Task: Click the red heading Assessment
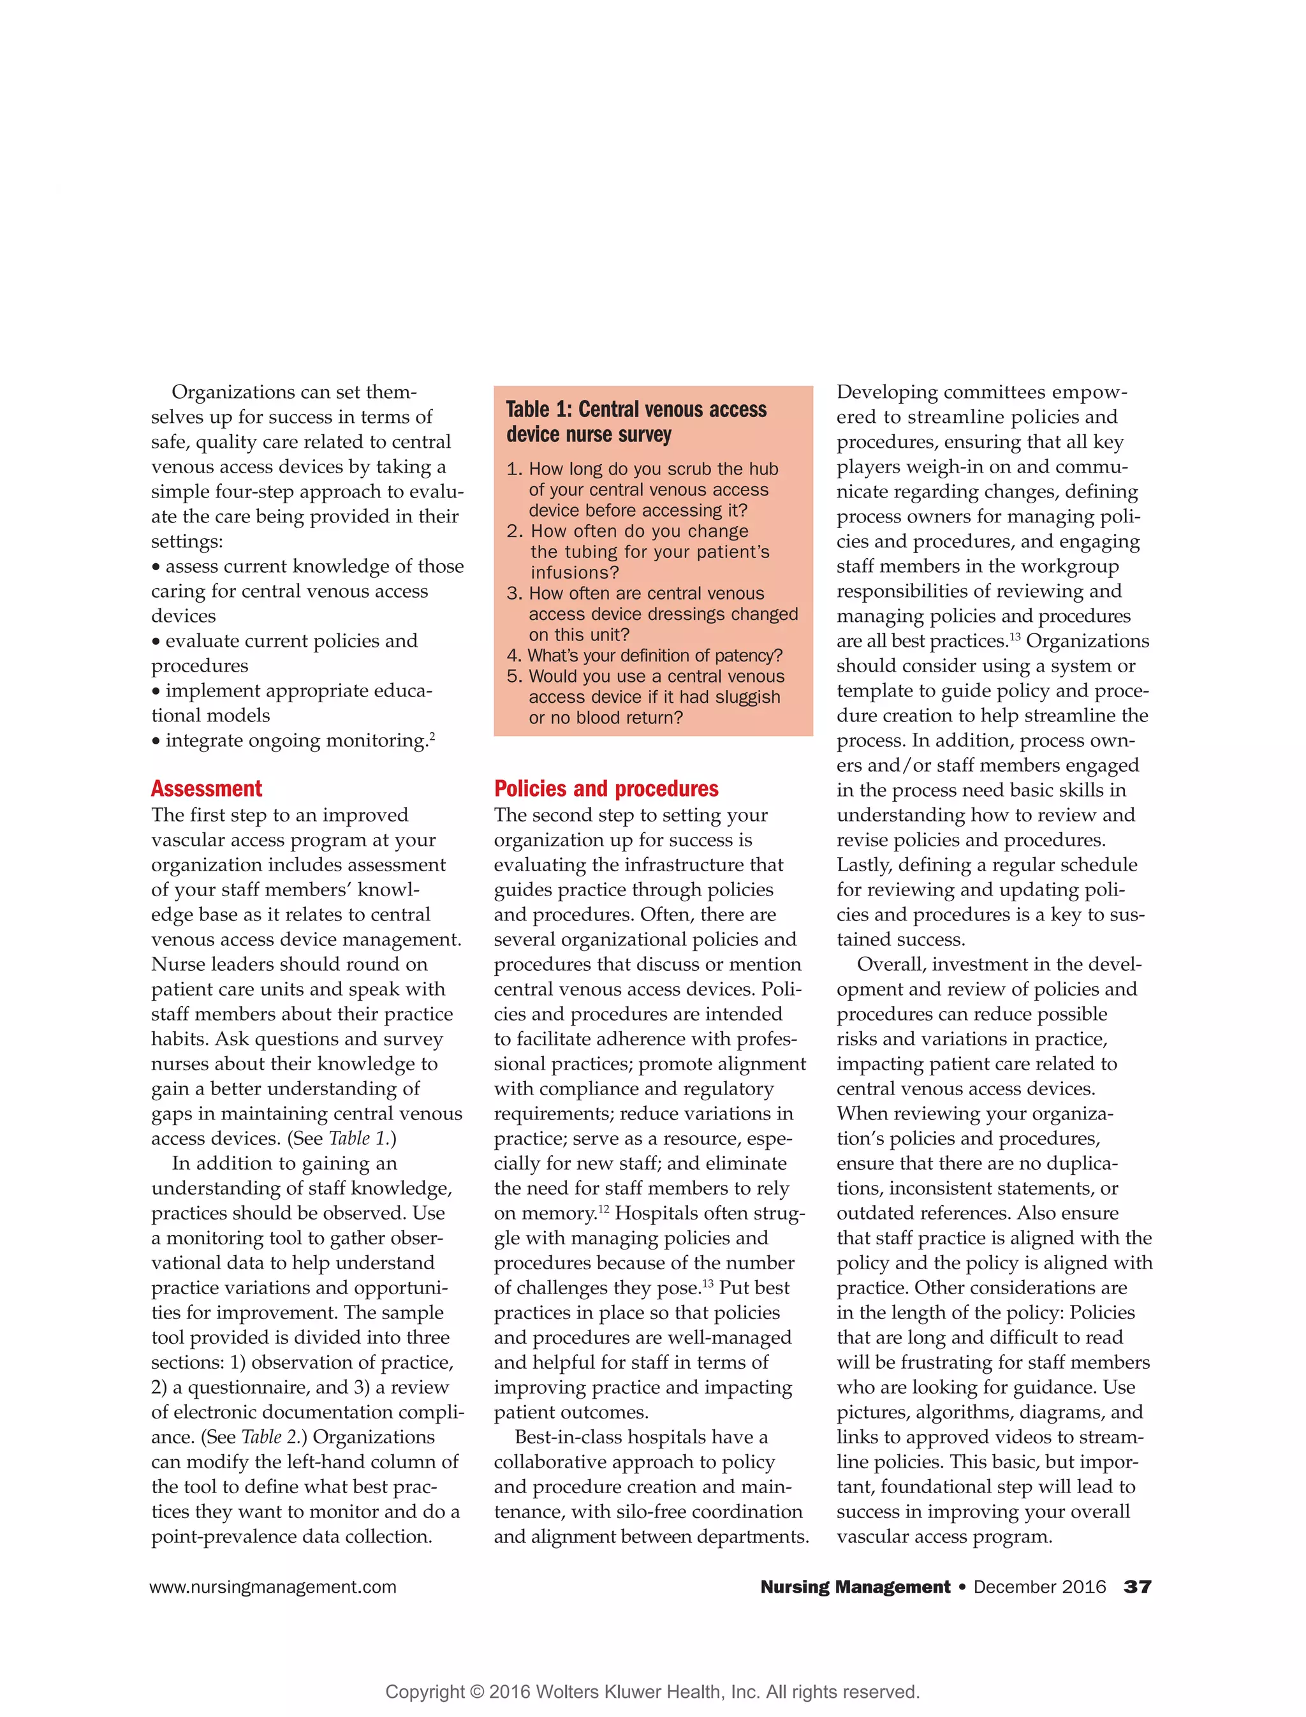(x=206, y=788)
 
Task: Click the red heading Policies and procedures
(x=606, y=788)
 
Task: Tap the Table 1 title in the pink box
(x=635, y=422)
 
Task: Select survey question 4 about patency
(x=645, y=656)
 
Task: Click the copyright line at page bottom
(x=652, y=1691)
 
